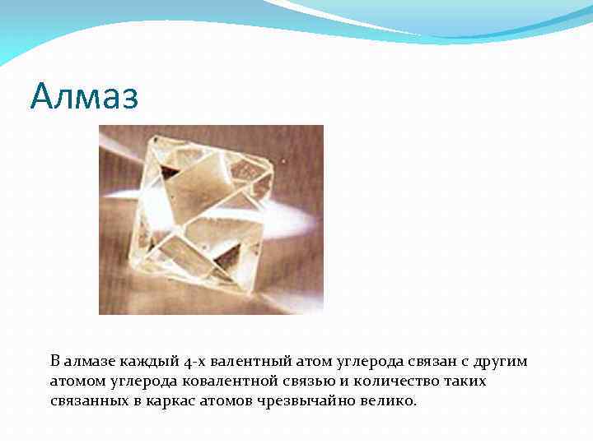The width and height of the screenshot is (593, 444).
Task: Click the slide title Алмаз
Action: point(85,97)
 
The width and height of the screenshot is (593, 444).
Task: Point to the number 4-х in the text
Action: point(195,362)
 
